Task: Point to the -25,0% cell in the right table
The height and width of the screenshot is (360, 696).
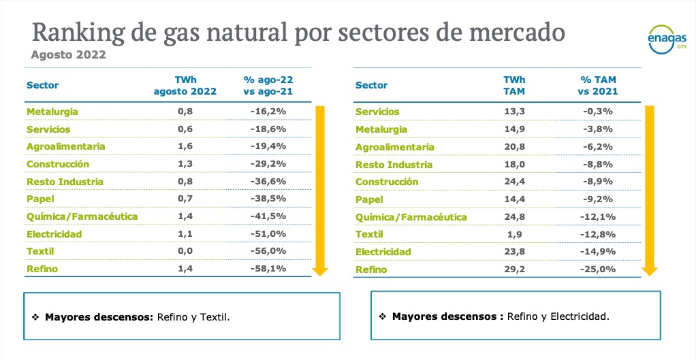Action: click(x=597, y=269)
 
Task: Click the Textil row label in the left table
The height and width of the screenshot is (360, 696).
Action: click(x=40, y=251)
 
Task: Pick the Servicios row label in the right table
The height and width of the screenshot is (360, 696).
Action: click(x=377, y=112)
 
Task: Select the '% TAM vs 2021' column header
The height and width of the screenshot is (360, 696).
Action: click(x=597, y=85)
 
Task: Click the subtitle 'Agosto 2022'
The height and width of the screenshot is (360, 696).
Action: click(x=69, y=55)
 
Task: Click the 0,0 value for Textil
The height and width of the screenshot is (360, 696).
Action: click(x=185, y=251)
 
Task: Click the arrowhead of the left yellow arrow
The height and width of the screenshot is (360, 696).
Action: click(x=319, y=272)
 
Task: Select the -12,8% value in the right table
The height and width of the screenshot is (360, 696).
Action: click(x=597, y=235)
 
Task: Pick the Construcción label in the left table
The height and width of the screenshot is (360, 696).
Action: click(x=58, y=164)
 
